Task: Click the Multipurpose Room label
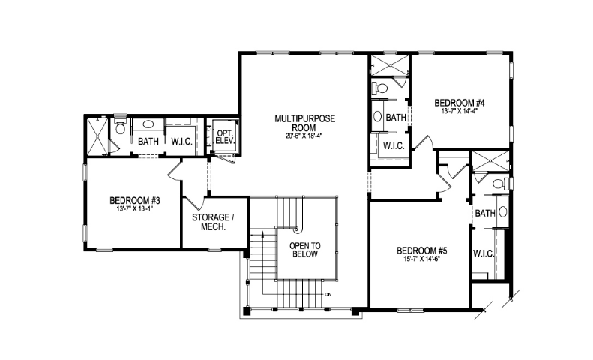tap(305, 123)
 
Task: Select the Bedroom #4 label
tap(460, 103)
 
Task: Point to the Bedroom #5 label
tap(422, 250)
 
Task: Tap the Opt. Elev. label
tap(226, 137)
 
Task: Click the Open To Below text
tap(305, 250)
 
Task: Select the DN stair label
tap(328, 294)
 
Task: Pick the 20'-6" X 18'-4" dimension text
tap(304, 136)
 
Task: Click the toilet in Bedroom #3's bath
tap(120, 127)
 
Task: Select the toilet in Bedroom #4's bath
tap(379, 88)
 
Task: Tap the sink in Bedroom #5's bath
tap(502, 212)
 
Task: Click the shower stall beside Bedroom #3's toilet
tap(98, 136)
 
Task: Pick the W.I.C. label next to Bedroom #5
tap(484, 253)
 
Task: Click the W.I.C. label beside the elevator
tap(182, 142)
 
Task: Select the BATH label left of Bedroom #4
tap(396, 118)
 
